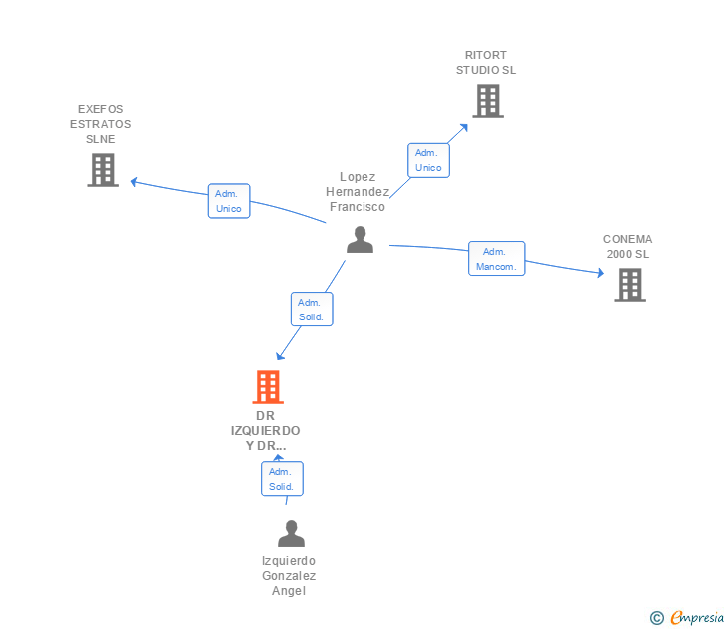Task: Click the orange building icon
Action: pyautogui.click(x=267, y=386)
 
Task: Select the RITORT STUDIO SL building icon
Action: pyautogui.click(x=487, y=101)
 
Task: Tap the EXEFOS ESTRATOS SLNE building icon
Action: pyautogui.click(x=102, y=170)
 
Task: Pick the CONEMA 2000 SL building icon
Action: pyautogui.click(x=629, y=285)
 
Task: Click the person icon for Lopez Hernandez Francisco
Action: pyautogui.click(x=360, y=240)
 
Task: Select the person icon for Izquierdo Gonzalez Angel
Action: pyautogui.click(x=291, y=534)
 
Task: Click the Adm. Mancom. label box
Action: pyautogui.click(x=496, y=259)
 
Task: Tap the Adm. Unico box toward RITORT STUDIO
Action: pyautogui.click(x=428, y=160)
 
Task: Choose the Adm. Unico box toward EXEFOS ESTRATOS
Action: pyautogui.click(x=228, y=201)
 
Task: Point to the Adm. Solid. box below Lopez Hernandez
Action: pyautogui.click(x=311, y=310)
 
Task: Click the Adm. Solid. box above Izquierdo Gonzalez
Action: pyautogui.click(x=281, y=479)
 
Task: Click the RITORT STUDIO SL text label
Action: pyautogui.click(x=486, y=63)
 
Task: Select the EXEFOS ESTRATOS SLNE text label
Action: pyautogui.click(x=100, y=124)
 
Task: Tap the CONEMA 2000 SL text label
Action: pyautogui.click(x=627, y=247)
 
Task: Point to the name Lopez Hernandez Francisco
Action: pyautogui.click(x=358, y=191)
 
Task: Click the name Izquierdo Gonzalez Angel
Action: pyautogui.click(x=289, y=576)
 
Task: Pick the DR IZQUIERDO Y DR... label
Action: pyautogui.click(x=265, y=430)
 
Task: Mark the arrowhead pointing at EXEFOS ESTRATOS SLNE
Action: pyautogui.click(x=134, y=181)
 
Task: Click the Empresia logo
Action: pyautogui.click(x=690, y=617)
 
